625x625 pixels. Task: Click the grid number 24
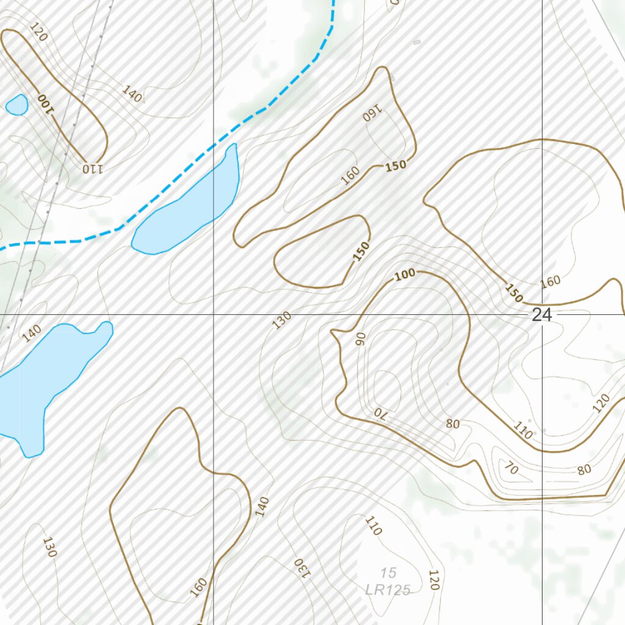click(541, 315)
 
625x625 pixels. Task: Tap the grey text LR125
click(388, 590)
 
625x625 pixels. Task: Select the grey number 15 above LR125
click(388, 573)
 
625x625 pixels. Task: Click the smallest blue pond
click(16, 104)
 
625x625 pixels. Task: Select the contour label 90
click(360, 339)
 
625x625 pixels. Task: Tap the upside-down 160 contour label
click(372, 113)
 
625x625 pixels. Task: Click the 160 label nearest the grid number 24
click(550, 282)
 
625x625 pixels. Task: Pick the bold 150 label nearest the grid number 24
click(513, 293)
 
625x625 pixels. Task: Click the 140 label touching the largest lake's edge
click(32, 333)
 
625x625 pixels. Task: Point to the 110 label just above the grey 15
click(373, 526)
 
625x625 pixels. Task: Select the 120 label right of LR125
click(433, 580)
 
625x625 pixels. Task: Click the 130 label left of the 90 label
click(282, 320)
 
